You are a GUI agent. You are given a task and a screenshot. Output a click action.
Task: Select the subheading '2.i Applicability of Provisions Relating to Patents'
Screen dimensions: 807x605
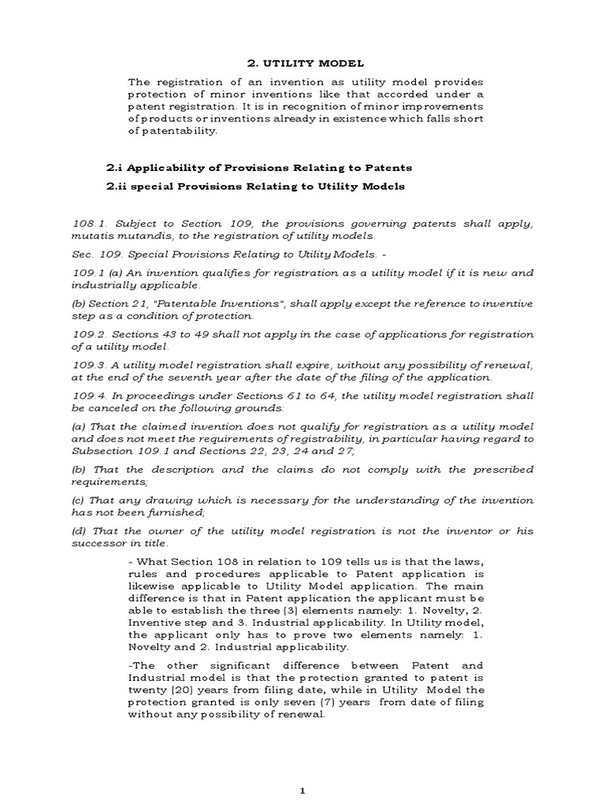(259, 168)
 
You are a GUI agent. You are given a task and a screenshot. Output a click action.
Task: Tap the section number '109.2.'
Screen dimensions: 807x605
(89, 334)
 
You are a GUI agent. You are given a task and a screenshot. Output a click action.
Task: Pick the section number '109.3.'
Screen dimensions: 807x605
(89, 365)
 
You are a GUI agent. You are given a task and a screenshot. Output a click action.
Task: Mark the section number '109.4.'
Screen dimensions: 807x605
(89, 396)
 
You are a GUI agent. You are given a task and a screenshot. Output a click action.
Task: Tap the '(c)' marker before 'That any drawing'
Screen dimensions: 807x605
(79, 500)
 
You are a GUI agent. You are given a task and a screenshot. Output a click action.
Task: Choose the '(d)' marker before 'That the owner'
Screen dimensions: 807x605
(80, 531)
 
